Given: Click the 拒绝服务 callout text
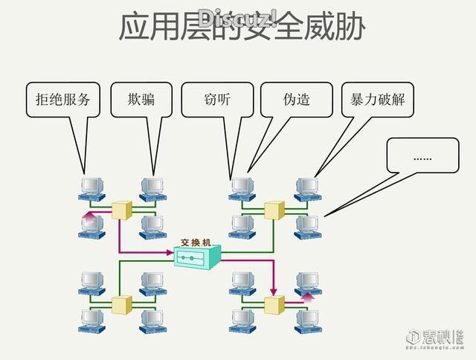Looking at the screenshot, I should tap(63, 99).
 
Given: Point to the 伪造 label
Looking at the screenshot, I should tap(296, 99).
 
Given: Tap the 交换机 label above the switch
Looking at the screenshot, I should tap(196, 242).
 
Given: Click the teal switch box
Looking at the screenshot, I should tap(197, 257).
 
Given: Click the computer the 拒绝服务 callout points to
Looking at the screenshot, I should tap(91, 187).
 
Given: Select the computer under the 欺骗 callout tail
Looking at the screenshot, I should tap(152, 187).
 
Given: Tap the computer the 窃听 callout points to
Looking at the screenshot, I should tap(242, 187).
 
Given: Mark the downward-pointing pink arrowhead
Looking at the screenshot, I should tap(273, 291).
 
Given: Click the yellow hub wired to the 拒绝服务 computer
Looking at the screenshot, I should tap(120, 209).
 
